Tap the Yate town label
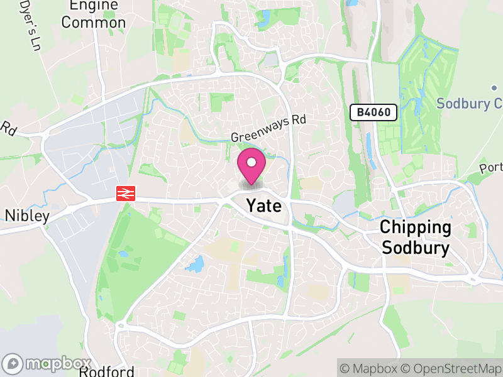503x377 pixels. (263, 205)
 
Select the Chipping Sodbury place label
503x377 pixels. (416, 238)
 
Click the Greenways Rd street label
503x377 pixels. (267, 128)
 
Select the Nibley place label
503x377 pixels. (27, 216)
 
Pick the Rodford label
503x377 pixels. (107, 371)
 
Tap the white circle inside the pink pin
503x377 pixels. (251, 163)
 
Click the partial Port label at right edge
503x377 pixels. (491, 168)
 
